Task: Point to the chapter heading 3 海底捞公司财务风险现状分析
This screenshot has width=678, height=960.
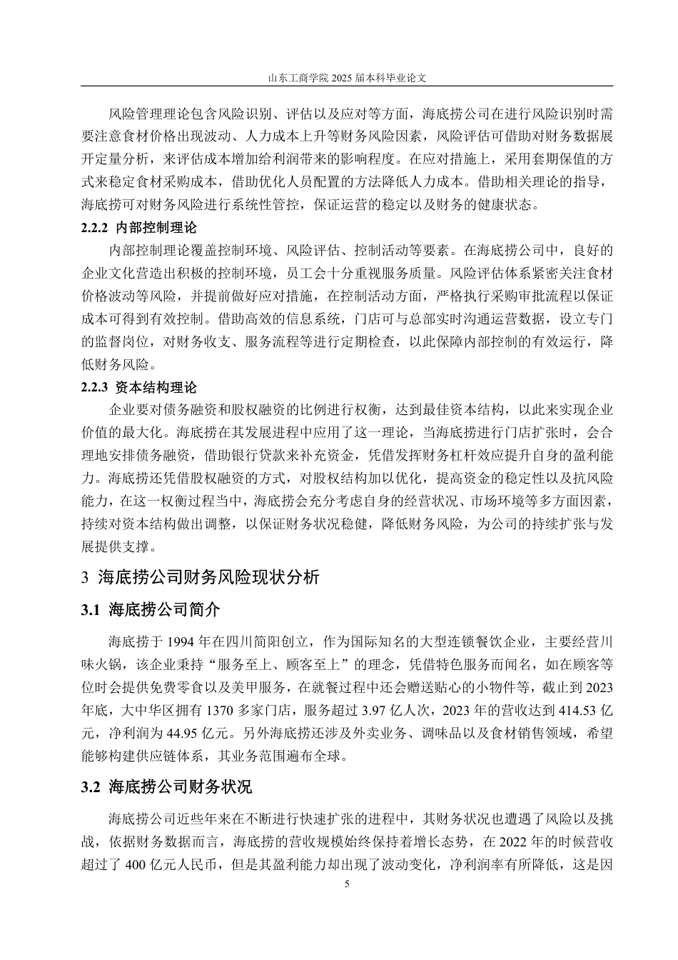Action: click(201, 577)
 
